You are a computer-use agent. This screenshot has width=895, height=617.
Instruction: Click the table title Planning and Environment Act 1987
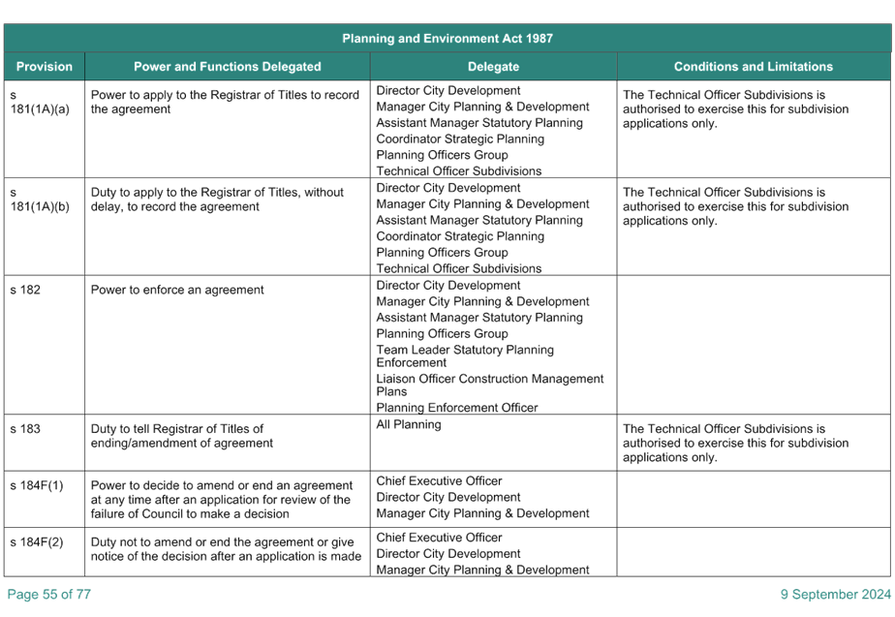click(x=447, y=38)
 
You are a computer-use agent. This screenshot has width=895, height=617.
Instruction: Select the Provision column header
click(x=45, y=66)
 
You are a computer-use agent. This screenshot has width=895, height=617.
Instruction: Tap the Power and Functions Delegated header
click(x=228, y=66)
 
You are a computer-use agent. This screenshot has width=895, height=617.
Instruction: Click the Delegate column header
click(x=493, y=67)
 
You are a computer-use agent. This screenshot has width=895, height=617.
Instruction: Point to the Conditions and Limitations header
click(x=754, y=66)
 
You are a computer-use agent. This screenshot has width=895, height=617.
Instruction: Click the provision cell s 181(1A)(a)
click(x=40, y=102)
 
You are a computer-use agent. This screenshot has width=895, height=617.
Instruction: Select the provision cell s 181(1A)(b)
click(x=40, y=200)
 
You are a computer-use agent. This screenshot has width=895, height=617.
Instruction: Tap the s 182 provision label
click(x=25, y=290)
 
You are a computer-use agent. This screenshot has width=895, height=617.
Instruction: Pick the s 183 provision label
click(x=25, y=429)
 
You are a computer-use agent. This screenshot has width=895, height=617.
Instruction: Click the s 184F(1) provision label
click(x=37, y=485)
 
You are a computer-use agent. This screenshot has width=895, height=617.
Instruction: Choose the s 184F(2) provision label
click(x=37, y=542)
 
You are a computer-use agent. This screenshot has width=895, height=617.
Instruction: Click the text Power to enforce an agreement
click(x=177, y=290)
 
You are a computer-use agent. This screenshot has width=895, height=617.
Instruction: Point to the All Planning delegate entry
click(x=409, y=424)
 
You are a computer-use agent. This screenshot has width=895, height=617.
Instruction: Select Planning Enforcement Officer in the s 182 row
click(x=456, y=408)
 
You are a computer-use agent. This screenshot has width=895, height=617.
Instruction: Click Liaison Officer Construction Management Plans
click(x=490, y=385)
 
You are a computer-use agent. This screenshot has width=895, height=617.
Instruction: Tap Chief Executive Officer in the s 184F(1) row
click(x=439, y=481)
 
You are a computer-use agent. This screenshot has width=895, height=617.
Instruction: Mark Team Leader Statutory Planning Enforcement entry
click(x=465, y=356)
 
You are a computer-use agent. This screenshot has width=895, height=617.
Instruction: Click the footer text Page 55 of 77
click(x=49, y=594)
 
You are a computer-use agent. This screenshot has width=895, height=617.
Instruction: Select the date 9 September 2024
click(x=836, y=594)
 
